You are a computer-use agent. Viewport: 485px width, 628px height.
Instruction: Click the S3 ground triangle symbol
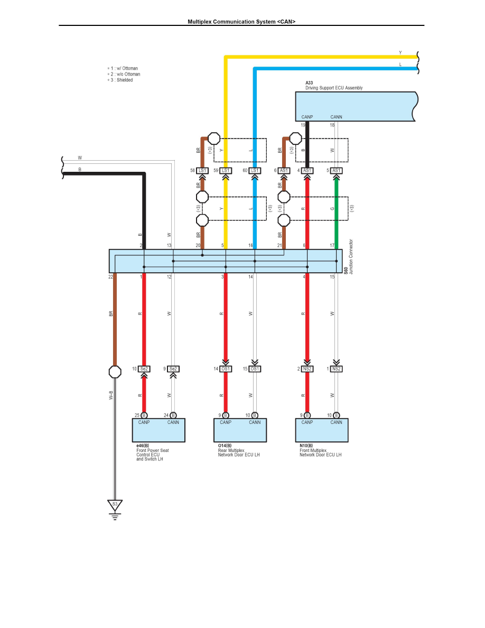click(x=115, y=505)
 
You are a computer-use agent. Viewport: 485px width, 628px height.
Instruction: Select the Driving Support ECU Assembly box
click(x=356, y=107)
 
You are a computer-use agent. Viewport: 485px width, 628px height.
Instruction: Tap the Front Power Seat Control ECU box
click(x=158, y=430)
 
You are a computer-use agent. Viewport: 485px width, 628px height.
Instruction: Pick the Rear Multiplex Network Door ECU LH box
click(x=240, y=430)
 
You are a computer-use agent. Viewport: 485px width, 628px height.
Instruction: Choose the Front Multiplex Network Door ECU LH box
click(x=322, y=430)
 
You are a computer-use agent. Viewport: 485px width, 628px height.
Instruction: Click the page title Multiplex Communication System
click(x=241, y=22)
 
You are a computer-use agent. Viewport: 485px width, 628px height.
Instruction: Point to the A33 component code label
click(x=309, y=83)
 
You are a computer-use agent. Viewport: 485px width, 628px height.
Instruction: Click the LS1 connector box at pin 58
click(x=202, y=171)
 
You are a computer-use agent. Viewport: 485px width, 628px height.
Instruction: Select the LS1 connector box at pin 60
click(x=255, y=171)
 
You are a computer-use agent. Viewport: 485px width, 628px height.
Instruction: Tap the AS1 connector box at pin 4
click(x=307, y=171)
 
